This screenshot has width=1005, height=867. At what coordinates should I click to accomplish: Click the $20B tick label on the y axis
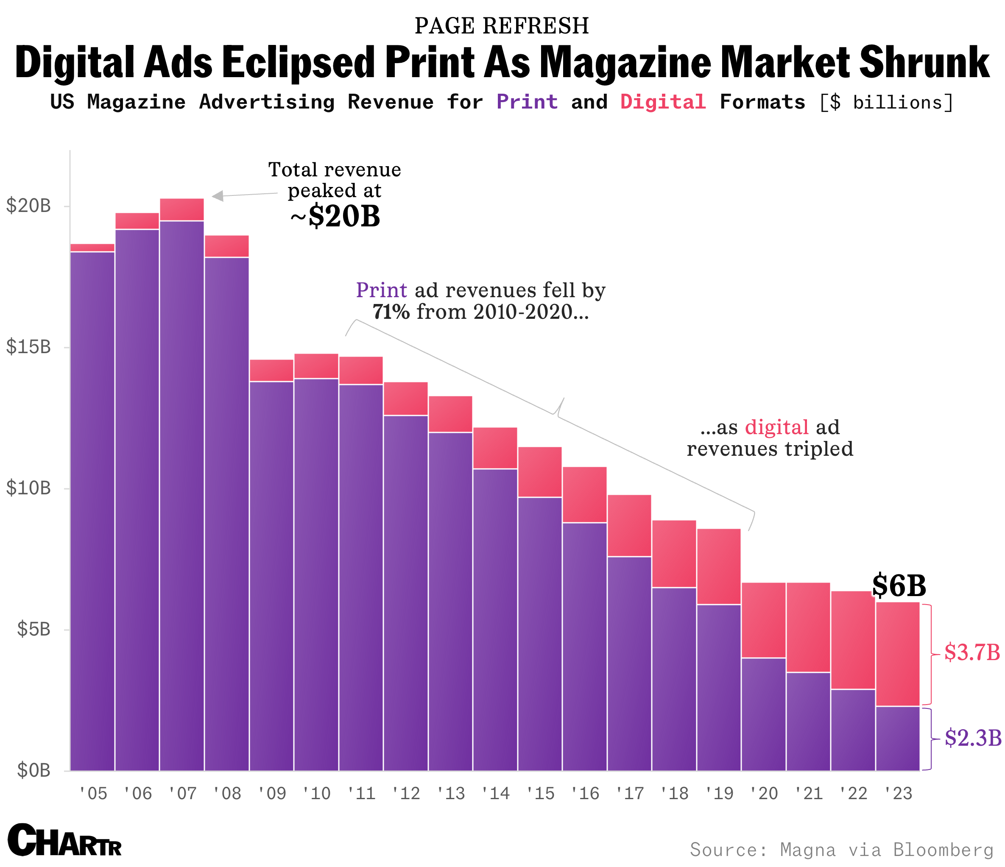click(x=28, y=206)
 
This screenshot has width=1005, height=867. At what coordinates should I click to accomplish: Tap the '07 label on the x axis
click(x=182, y=794)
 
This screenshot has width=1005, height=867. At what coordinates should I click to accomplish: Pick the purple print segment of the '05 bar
click(x=92, y=509)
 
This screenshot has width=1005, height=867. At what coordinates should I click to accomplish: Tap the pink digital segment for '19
click(x=719, y=566)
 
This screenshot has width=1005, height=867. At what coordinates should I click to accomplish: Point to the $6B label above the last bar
click(x=899, y=586)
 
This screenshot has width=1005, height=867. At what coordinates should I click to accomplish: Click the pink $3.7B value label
click(x=972, y=652)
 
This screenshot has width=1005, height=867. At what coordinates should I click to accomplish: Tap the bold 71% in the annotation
click(x=391, y=312)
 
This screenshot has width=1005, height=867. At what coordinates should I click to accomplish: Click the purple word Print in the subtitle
click(x=527, y=102)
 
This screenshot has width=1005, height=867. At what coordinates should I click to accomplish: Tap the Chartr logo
click(x=64, y=841)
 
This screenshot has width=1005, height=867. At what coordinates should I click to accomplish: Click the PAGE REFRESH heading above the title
click(x=502, y=26)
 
